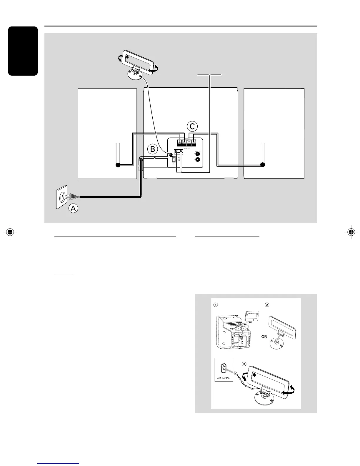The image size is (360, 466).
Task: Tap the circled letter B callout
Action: (152, 149)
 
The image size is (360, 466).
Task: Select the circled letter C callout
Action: (192, 127)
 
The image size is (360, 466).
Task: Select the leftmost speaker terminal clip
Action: (179, 142)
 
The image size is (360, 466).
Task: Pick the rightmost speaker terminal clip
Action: (194, 142)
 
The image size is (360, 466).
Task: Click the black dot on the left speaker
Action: (118, 165)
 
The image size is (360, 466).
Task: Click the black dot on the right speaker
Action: (263, 165)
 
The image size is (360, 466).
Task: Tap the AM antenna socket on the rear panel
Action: (174, 159)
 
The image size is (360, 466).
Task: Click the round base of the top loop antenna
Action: (134, 74)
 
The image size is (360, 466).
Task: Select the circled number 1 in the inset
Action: (216, 305)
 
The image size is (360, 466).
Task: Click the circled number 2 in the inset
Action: (267, 305)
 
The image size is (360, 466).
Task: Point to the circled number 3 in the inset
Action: (244, 364)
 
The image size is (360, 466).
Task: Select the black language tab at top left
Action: (23, 51)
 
